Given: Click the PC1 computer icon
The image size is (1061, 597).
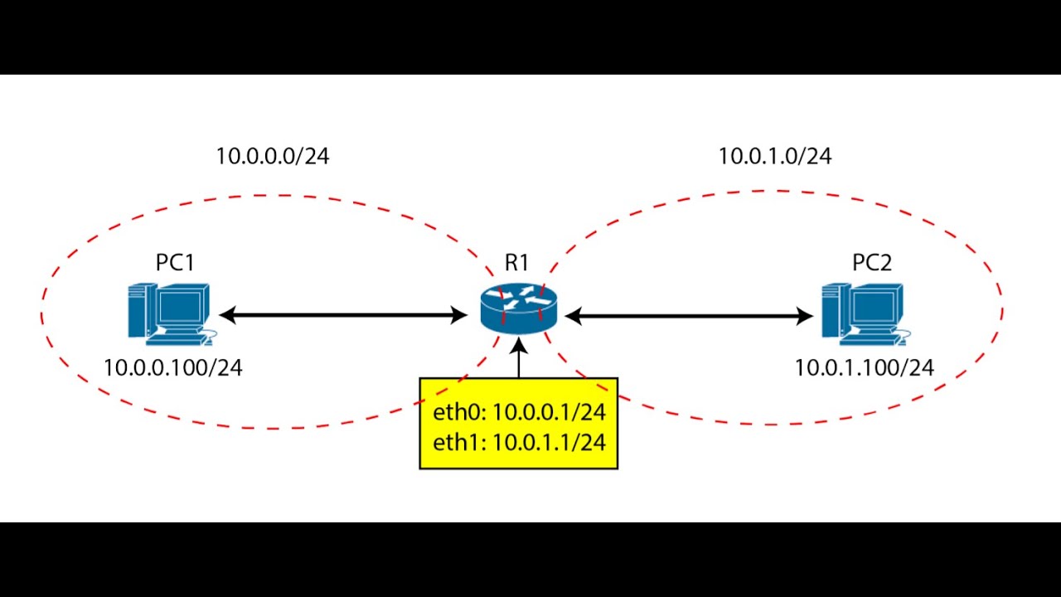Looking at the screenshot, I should (169, 313).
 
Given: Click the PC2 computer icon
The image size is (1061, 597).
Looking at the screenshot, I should (863, 313).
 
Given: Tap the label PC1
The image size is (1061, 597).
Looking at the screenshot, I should (175, 263).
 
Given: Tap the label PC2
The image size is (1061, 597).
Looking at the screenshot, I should (872, 263).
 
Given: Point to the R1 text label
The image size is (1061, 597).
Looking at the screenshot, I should (516, 263).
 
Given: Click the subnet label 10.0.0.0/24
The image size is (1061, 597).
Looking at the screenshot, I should (273, 156).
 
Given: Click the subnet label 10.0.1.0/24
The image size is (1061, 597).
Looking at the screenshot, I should (774, 155).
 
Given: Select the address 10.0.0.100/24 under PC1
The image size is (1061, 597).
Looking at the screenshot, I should (173, 368).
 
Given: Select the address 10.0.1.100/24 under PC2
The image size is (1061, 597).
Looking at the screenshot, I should (865, 368).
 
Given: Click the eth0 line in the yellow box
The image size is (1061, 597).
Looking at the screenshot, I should (519, 412).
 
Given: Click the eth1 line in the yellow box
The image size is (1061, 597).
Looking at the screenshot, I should (519, 442).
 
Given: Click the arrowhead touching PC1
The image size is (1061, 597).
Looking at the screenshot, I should (227, 315).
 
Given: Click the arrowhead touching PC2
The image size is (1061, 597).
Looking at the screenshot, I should (804, 315).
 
